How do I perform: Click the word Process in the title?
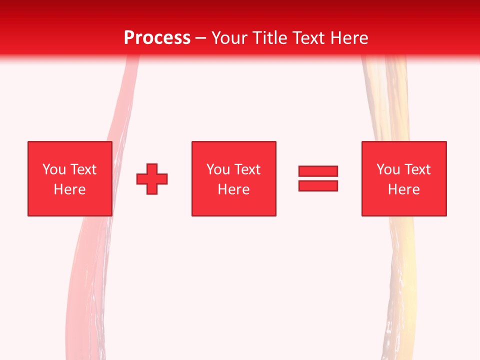157,38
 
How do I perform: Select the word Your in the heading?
229,38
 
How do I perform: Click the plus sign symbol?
152,178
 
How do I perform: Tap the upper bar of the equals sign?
318,171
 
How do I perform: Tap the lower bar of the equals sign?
318,185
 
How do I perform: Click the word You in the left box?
54,169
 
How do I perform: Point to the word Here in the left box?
69,189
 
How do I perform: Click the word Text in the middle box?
246,169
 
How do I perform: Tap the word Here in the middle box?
233,189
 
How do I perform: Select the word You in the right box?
388,169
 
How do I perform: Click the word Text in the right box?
416,169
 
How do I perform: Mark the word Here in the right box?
403,189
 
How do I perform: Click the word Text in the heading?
308,38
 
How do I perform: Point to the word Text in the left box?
82,169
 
